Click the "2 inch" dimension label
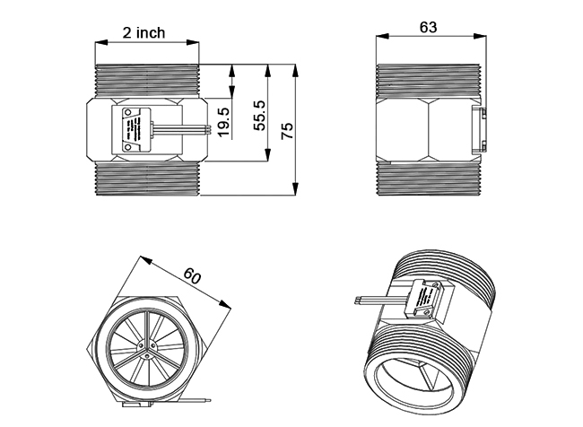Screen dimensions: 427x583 pyautogui.click(x=144, y=32)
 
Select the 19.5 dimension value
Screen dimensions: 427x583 pyautogui.click(x=223, y=121)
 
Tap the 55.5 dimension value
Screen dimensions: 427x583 pyautogui.click(x=259, y=116)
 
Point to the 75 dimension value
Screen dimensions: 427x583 pyautogui.click(x=287, y=129)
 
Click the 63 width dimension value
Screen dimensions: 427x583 pyautogui.click(x=428, y=27)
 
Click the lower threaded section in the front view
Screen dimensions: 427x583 pyautogui.click(x=146, y=180)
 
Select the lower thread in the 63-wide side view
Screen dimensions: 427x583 pyautogui.click(x=430, y=179)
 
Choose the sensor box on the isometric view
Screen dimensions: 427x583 pyautogui.click(x=422, y=299)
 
